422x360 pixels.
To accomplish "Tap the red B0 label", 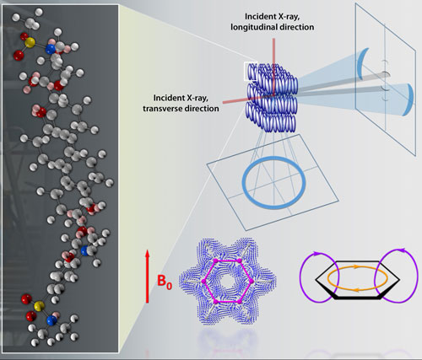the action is (165, 282).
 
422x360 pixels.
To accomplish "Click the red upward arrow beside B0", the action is (147, 277).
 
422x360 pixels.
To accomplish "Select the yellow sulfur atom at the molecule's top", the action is (30, 42).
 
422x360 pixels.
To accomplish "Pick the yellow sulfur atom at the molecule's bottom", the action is (39, 305).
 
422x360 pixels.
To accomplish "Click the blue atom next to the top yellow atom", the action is (51, 49).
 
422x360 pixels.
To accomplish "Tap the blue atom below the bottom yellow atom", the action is (51, 320).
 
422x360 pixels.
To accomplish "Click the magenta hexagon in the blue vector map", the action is (228, 261).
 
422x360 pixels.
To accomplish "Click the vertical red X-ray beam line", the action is (273, 67).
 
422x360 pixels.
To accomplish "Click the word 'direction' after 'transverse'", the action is (203, 109).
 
